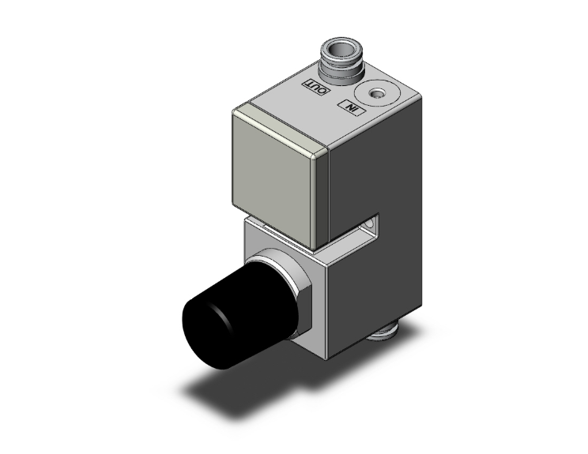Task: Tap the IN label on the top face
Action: [x=349, y=107]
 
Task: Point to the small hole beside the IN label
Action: [x=378, y=95]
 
